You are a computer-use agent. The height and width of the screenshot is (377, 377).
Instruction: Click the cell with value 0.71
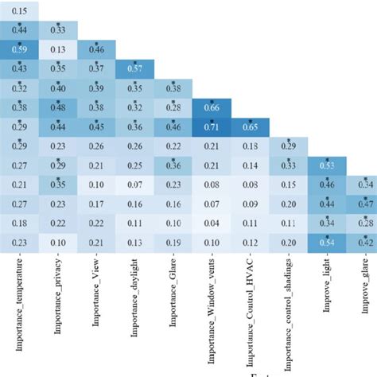(212, 126)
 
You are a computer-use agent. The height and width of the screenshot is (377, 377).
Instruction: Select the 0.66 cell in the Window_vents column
(212, 107)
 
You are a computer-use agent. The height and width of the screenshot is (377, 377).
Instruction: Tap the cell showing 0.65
(250, 126)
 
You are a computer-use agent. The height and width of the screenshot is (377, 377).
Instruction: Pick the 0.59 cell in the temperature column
(20, 49)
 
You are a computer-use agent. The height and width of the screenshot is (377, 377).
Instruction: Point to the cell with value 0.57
(134, 69)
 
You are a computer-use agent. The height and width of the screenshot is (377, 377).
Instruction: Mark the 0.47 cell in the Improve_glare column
(363, 204)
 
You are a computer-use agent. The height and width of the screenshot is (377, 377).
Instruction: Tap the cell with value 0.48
(58, 107)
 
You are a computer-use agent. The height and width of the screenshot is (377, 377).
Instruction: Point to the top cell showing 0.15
(20, 11)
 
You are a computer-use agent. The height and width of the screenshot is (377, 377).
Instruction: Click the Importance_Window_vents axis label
(212, 317)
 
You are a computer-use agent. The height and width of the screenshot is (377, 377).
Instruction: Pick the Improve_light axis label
(327, 298)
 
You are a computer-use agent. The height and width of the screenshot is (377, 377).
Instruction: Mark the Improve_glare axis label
(363, 298)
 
